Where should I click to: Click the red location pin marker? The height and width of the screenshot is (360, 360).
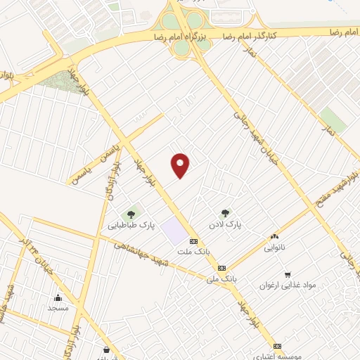181,165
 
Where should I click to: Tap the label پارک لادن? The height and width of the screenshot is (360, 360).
225,224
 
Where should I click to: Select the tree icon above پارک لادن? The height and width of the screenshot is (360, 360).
225,212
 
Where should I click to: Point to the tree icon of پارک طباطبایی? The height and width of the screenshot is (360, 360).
130,214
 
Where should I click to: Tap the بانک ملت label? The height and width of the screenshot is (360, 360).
194,252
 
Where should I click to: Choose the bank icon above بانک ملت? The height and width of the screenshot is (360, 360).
194,241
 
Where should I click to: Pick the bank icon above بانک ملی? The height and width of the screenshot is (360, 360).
221,268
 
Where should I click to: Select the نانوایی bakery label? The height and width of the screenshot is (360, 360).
274,248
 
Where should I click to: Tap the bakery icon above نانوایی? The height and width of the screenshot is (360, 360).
274,237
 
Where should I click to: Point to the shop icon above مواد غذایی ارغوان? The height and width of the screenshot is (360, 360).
288,274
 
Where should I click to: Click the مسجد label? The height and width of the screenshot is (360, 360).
57,308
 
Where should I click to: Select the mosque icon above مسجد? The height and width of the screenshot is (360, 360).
58,297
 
